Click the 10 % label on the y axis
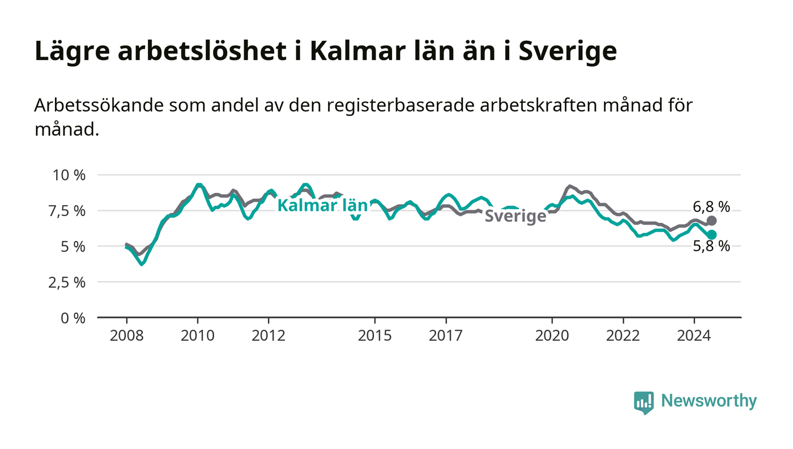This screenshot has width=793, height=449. point(69,175)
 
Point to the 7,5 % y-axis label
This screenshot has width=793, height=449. point(67,211)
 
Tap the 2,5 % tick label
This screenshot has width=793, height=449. point(67,283)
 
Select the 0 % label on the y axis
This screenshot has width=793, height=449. point(73,318)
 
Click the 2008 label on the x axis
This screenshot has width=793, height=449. point(127,336)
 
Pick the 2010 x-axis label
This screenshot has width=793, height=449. point(198,336)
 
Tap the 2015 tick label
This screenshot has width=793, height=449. point(375,336)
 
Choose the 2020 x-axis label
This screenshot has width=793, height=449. point(552,336)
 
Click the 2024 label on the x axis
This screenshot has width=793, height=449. point(694,336)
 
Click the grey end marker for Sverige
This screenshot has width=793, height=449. point(711,221)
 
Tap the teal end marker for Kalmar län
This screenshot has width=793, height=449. point(711,235)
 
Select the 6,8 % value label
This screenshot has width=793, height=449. point(711,207)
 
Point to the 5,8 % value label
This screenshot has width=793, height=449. point(711,247)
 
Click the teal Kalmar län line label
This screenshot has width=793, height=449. point(322,205)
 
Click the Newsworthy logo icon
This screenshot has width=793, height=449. point(643,403)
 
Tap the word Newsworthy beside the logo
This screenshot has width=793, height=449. point(709,401)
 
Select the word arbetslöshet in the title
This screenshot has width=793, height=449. point(202,51)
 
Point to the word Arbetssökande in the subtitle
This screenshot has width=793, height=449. point(99,105)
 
